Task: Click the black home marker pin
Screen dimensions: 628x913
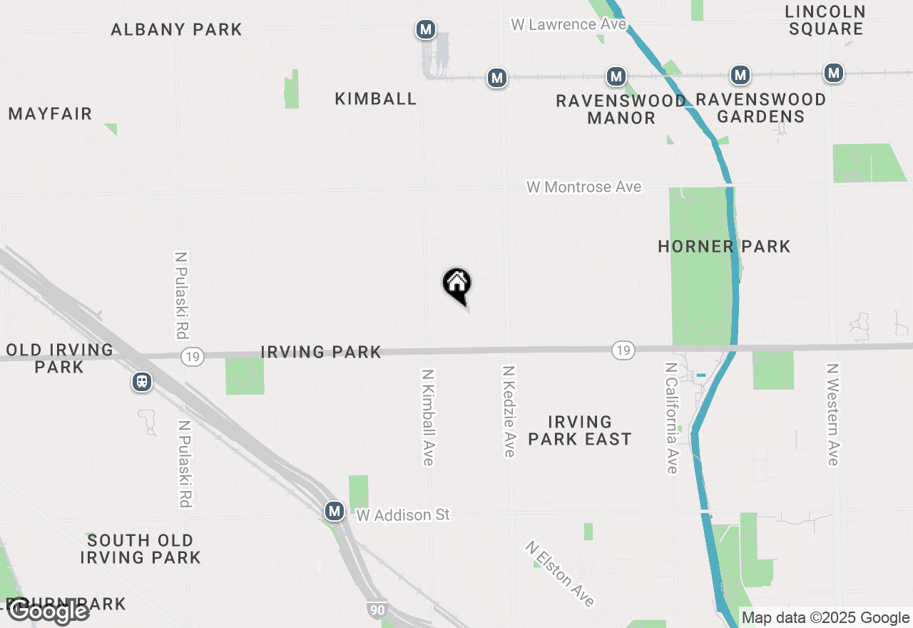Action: (457, 284)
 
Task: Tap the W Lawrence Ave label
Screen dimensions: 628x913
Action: (568, 24)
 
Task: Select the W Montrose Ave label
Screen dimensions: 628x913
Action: (584, 187)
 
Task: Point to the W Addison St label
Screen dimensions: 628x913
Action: (404, 515)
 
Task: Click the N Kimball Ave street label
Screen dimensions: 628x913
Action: (428, 417)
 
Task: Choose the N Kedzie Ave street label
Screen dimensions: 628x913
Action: (509, 412)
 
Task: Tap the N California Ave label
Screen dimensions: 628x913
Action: (670, 417)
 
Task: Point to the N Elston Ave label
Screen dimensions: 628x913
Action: (560, 574)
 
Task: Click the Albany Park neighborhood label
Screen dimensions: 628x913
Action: (177, 29)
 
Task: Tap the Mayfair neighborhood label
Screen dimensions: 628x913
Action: (51, 113)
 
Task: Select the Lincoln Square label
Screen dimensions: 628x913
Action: (825, 20)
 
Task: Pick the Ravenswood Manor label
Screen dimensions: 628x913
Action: (621, 109)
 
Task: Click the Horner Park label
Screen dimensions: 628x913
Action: (724, 247)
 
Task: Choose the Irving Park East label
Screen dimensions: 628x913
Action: (580, 430)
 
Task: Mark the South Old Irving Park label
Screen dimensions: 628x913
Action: (141, 549)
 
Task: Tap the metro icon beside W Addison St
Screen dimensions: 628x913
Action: (334, 511)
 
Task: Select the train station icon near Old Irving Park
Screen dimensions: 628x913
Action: (142, 383)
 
